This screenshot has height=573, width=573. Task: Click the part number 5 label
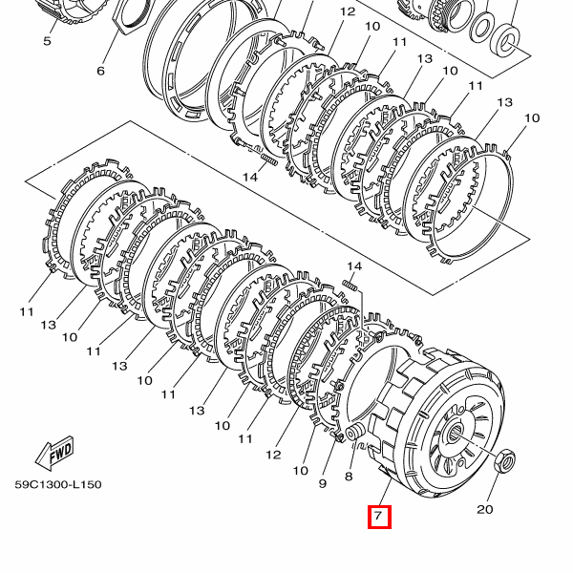[47, 41]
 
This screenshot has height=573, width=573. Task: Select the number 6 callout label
[100, 71]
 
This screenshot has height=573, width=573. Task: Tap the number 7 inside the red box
[378, 516]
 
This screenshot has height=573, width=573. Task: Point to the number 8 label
[349, 477]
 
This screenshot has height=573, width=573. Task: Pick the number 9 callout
[323, 483]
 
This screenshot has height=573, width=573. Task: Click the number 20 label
[484, 509]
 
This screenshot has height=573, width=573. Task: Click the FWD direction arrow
[54, 453]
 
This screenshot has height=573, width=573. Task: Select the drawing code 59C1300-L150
[58, 484]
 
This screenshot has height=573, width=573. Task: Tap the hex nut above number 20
[504, 461]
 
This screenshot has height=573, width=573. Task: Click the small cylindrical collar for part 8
[353, 433]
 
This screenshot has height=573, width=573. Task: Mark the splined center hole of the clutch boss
[455, 433]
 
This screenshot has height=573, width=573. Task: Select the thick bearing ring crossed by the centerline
[504, 40]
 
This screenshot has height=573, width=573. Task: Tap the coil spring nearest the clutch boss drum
[350, 285]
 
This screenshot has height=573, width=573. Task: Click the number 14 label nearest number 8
[353, 266]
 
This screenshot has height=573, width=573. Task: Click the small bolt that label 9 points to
[338, 436]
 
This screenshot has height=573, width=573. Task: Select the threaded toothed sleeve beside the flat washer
[443, 15]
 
